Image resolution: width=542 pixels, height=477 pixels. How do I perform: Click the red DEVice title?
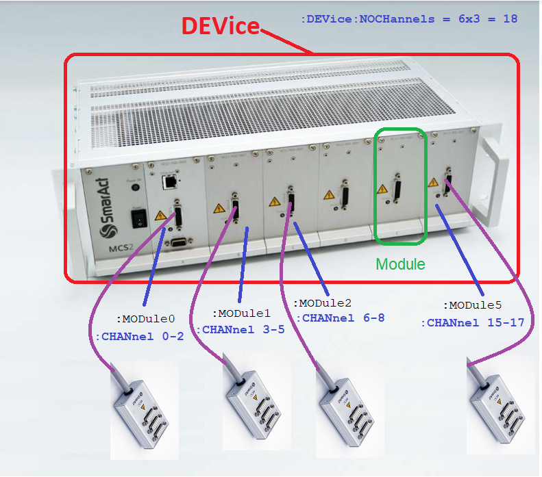click(x=220, y=26)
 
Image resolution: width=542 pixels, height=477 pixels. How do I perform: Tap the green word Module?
click(x=400, y=263)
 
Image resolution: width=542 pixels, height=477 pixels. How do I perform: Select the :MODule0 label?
click(x=145, y=318)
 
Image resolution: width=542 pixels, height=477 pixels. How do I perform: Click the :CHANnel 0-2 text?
click(x=140, y=336)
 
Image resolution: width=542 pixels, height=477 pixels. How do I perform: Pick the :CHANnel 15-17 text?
click(x=472, y=322)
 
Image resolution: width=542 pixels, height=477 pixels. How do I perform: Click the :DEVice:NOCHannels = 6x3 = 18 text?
click(x=409, y=20)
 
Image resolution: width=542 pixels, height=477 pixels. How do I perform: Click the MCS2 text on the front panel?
click(x=101, y=247)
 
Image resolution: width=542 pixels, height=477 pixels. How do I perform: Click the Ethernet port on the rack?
click(x=167, y=182)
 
